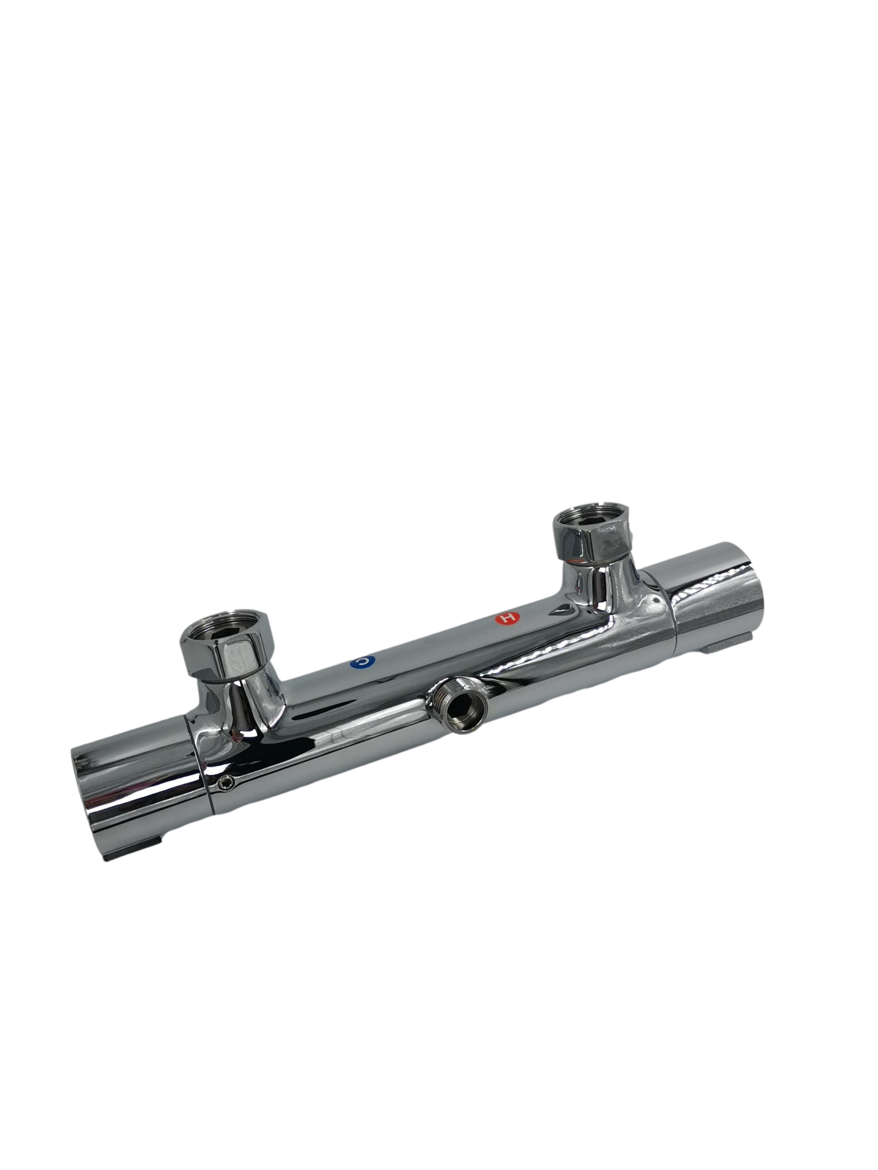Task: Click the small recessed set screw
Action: [x=226, y=783]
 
